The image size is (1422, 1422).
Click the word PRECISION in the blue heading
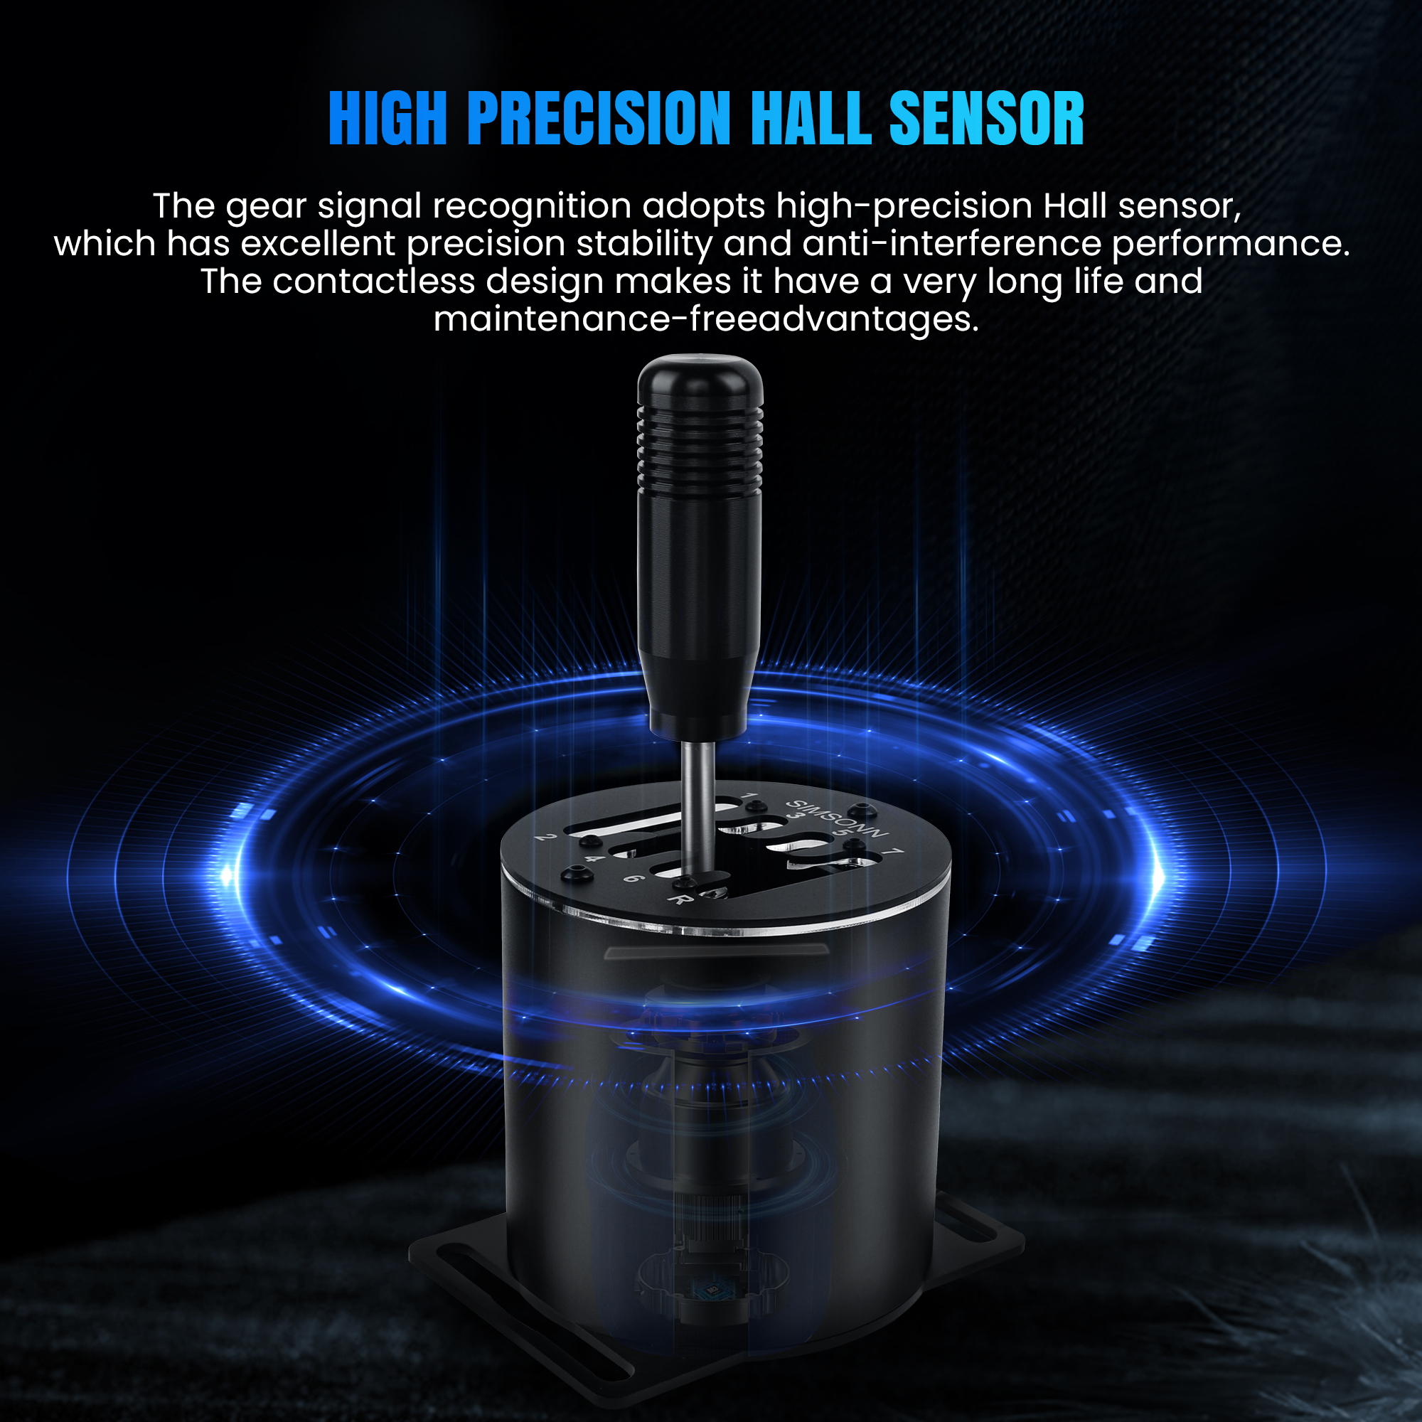(x=599, y=118)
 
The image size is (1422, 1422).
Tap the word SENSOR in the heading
(x=986, y=118)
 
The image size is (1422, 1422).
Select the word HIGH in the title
(x=388, y=118)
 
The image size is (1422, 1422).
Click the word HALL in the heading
(x=811, y=118)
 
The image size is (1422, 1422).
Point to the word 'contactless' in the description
(x=374, y=281)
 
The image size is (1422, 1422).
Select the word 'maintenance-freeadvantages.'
(x=707, y=319)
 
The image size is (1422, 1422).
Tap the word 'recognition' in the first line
(x=531, y=206)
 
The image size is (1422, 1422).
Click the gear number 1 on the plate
(x=749, y=797)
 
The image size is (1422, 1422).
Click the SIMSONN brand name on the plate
(x=838, y=818)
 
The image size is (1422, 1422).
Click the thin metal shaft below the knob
(x=697, y=806)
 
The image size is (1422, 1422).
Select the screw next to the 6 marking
(x=577, y=875)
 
